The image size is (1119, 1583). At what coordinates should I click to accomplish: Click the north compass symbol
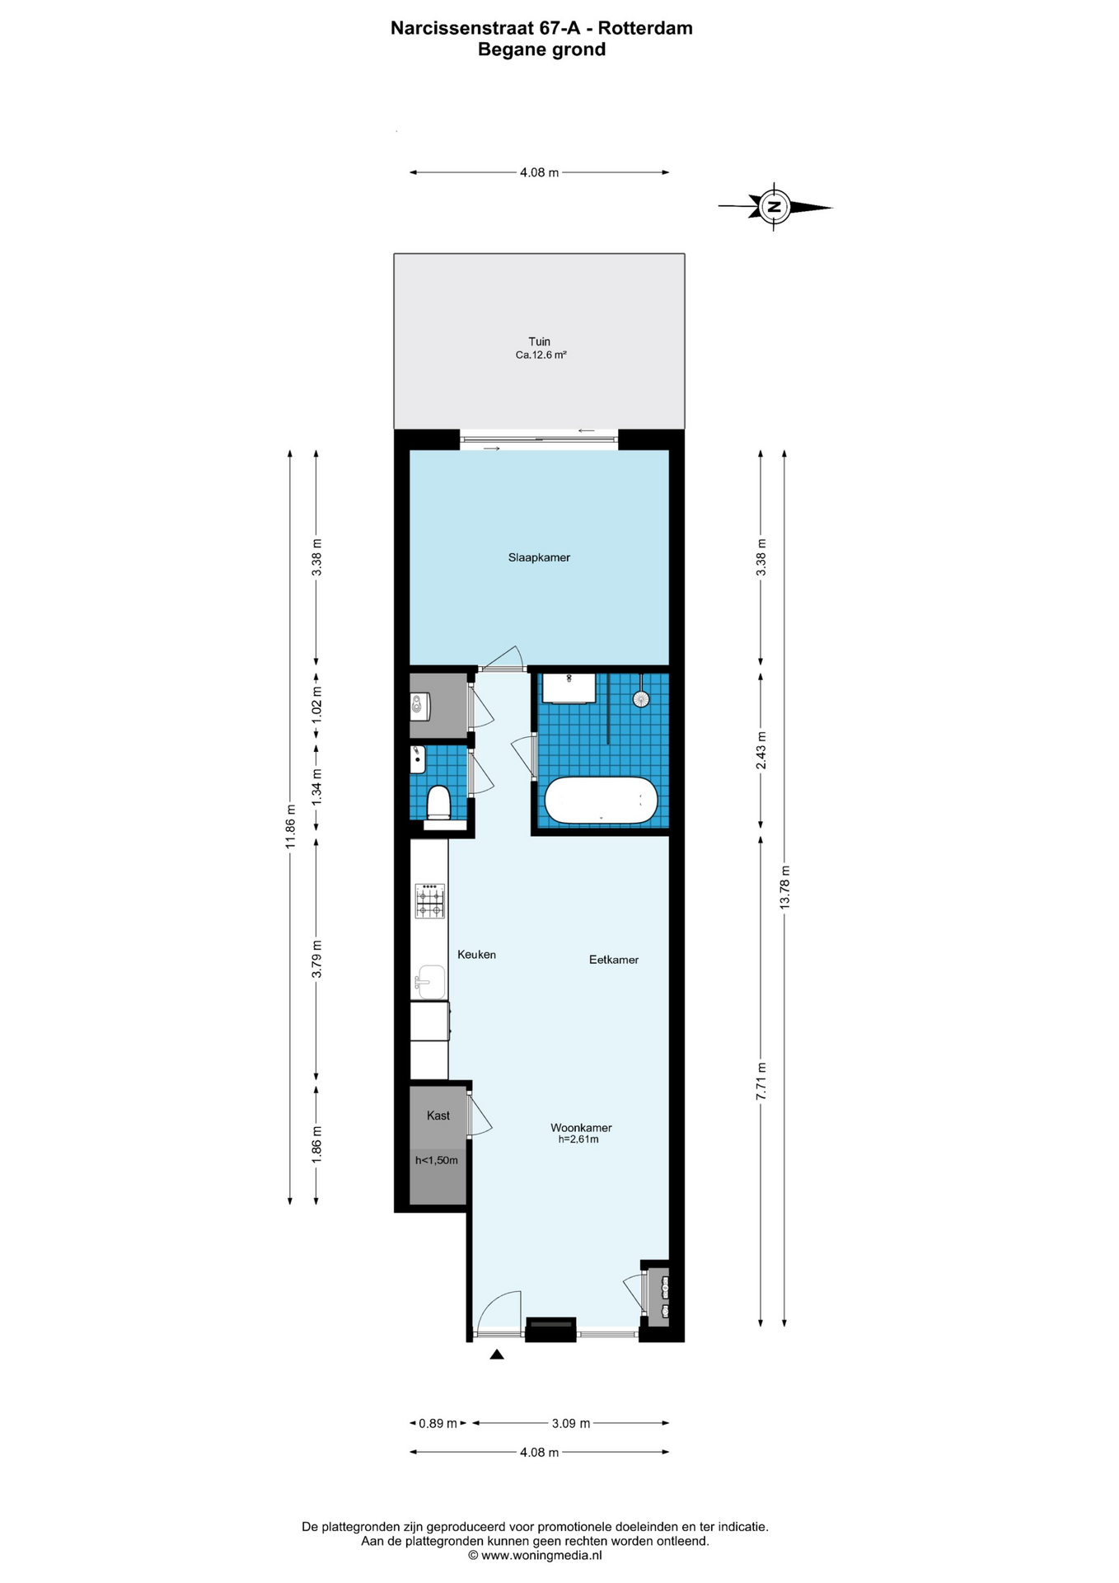tap(774, 206)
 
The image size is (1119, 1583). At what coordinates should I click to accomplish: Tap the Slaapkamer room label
tap(539, 557)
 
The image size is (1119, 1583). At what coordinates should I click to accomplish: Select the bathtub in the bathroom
tap(601, 800)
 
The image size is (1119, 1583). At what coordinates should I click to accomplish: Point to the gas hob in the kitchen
tap(429, 900)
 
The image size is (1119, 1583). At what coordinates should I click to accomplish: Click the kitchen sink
tap(429, 982)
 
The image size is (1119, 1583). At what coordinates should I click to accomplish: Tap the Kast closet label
tap(438, 1116)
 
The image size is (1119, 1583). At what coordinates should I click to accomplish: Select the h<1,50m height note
tap(436, 1160)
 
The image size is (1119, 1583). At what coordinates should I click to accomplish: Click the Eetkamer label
tap(614, 960)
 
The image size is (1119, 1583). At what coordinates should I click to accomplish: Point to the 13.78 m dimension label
tap(784, 887)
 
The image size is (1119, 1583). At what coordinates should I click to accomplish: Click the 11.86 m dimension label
tap(290, 826)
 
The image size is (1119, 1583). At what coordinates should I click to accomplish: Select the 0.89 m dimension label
tap(438, 1423)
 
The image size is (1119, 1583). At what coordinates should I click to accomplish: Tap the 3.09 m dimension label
tap(571, 1423)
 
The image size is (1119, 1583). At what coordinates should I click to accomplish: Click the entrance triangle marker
tap(496, 1354)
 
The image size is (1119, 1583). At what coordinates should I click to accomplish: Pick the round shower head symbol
tap(641, 699)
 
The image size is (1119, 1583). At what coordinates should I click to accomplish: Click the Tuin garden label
tap(540, 341)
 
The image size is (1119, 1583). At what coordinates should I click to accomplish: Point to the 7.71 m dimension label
tap(761, 1080)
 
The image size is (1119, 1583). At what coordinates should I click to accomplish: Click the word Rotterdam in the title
tap(645, 28)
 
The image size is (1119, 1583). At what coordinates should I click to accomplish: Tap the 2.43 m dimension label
tap(761, 750)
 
